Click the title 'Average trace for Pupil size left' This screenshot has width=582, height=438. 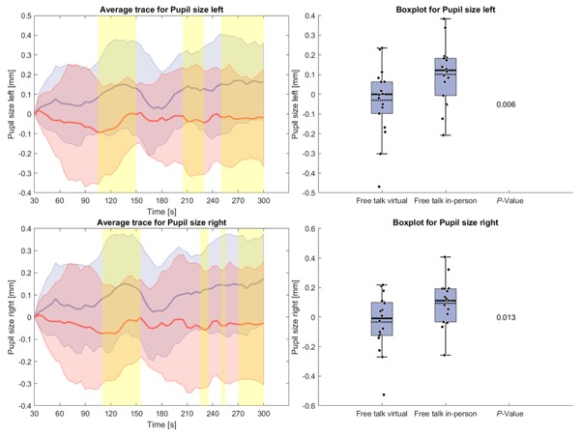163,9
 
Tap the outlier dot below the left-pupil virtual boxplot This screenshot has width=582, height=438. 379,187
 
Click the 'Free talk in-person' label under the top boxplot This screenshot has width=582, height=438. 447,202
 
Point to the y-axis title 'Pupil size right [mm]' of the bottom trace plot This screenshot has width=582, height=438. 11,317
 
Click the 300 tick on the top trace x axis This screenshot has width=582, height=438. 290,202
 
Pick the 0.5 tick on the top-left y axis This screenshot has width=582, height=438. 22,15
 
